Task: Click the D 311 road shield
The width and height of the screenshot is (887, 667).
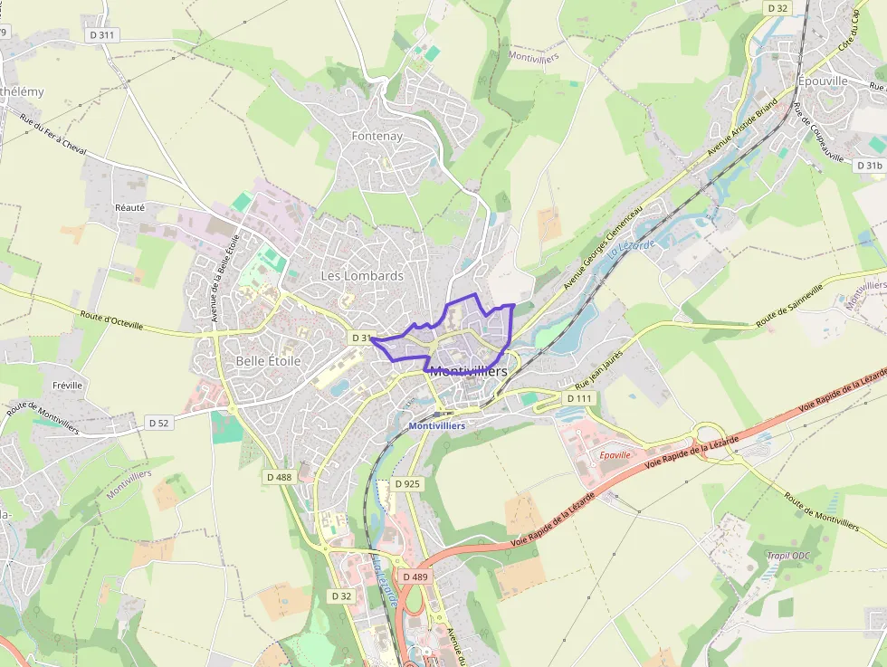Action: click(103, 34)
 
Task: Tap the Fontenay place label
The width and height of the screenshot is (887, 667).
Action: click(377, 136)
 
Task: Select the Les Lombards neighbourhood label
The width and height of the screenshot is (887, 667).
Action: click(362, 275)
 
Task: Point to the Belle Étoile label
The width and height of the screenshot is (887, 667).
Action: click(268, 360)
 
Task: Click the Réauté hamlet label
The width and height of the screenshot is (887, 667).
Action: click(129, 207)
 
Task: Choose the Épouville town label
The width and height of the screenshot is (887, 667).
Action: click(823, 81)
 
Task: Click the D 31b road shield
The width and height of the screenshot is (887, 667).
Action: click(868, 166)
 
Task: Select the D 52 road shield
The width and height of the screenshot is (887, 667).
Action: click(158, 423)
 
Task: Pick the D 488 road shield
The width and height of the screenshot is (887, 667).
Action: click(279, 476)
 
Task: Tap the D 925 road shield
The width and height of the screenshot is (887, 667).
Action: click(408, 484)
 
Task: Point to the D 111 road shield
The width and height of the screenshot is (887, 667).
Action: click(578, 398)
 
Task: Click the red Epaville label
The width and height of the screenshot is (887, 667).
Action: click(615, 454)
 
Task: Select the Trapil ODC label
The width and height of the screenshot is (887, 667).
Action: click(790, 556)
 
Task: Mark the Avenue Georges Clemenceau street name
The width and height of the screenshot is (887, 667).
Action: click(603, 246)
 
